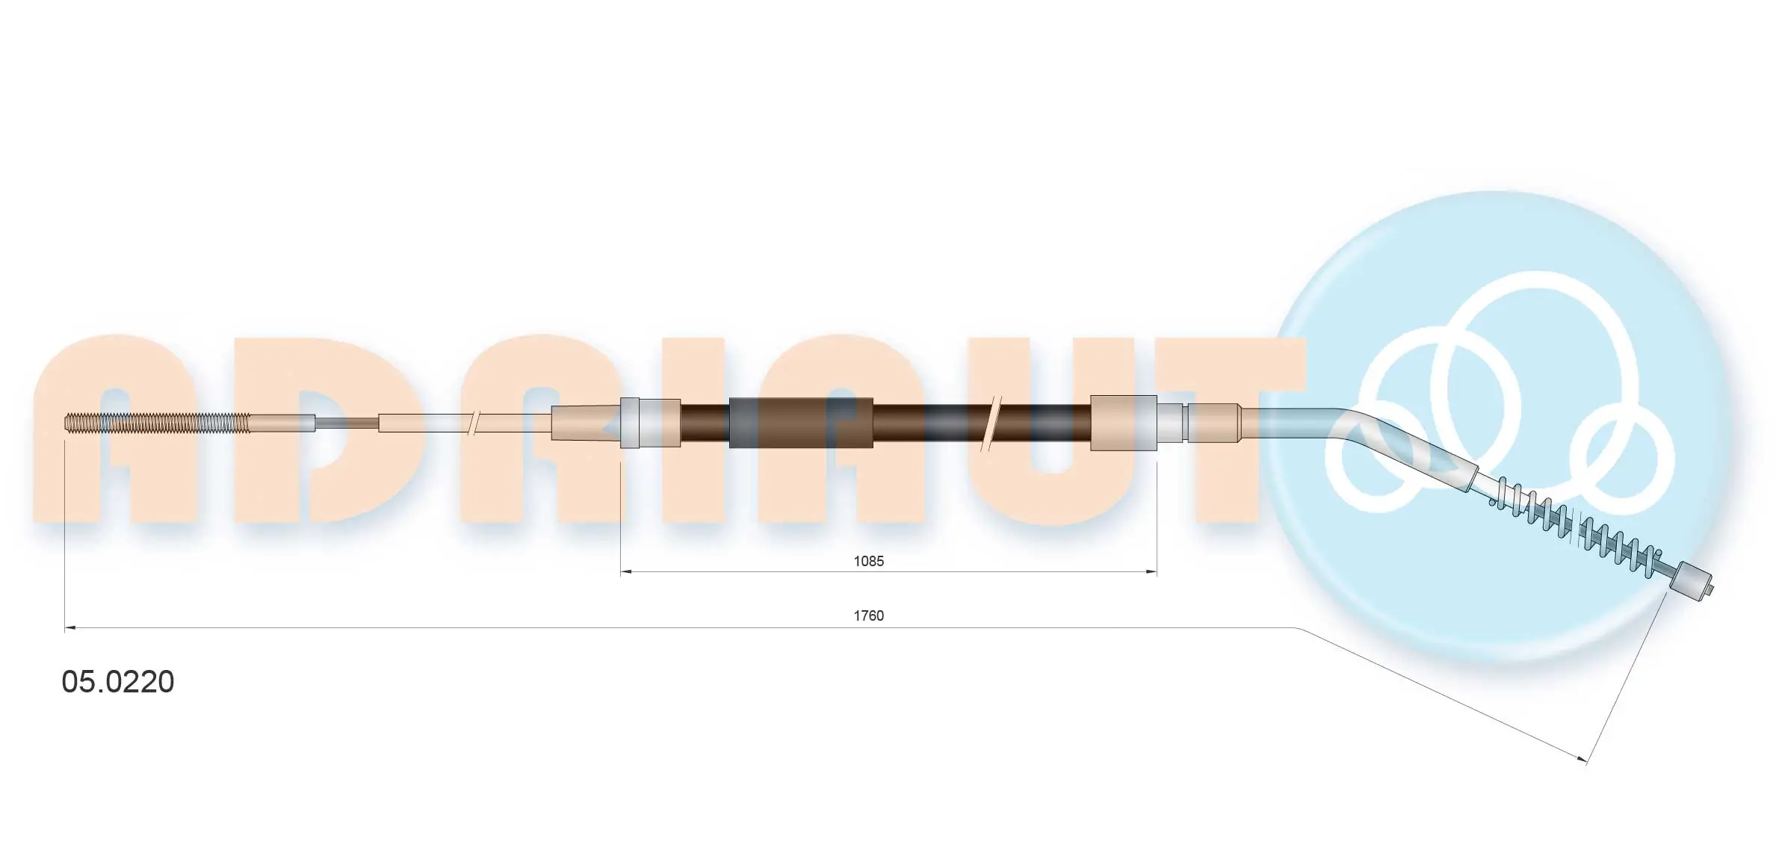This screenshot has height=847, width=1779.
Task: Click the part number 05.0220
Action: [117, 682]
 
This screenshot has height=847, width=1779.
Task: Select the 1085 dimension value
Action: [868, 561]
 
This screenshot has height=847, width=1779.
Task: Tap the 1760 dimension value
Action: [868, 615]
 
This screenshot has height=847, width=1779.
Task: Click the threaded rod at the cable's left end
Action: [157, 423]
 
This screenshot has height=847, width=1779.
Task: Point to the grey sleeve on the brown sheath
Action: [800, 423]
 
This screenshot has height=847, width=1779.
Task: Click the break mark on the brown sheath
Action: [991, 423]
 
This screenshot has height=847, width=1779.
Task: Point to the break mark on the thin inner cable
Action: [472, 423]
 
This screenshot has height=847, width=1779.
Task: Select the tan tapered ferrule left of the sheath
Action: [585, 423]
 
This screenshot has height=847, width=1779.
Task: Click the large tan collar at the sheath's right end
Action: [1123, 423]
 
